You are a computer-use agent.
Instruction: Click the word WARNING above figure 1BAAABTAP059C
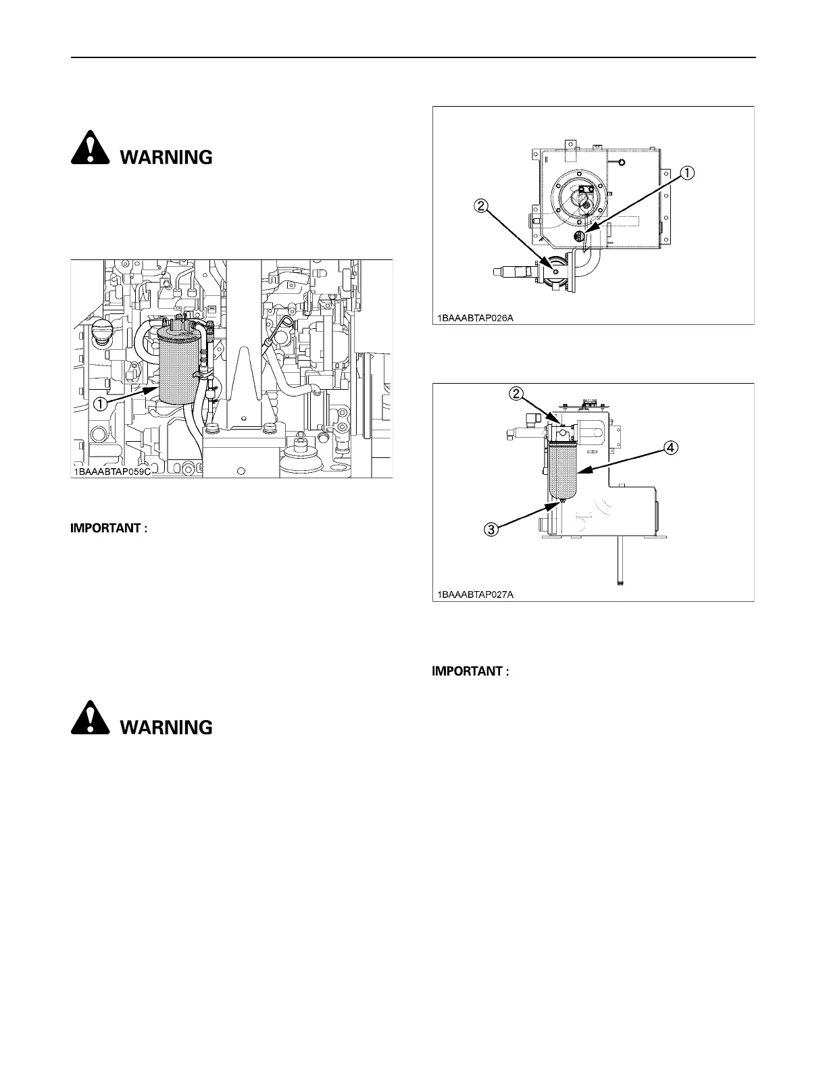(166, 157)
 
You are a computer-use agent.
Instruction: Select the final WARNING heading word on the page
(166, 728)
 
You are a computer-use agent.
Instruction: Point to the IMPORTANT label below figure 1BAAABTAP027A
(469, 671)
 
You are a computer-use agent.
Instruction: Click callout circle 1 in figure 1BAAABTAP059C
(99, 404)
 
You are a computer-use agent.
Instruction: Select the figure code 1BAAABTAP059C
(111, 472)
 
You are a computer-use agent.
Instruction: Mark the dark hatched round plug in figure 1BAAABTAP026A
(579, 236)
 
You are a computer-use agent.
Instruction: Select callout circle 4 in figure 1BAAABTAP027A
(670, 447)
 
